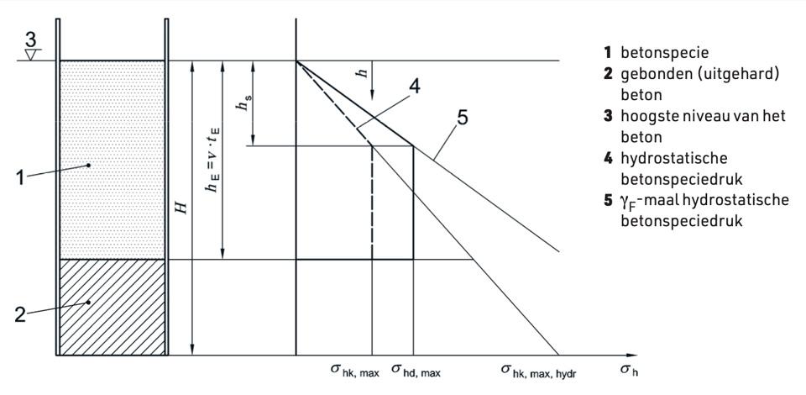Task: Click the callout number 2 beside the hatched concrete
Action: coord(19,314)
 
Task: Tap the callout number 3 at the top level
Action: coord(31,40)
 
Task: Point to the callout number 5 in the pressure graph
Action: coord(462,118)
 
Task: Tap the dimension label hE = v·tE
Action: coord(212,160)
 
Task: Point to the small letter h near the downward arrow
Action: coord(364,73)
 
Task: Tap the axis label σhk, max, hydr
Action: coord(539,371)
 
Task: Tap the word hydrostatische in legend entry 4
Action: coord(674,159)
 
